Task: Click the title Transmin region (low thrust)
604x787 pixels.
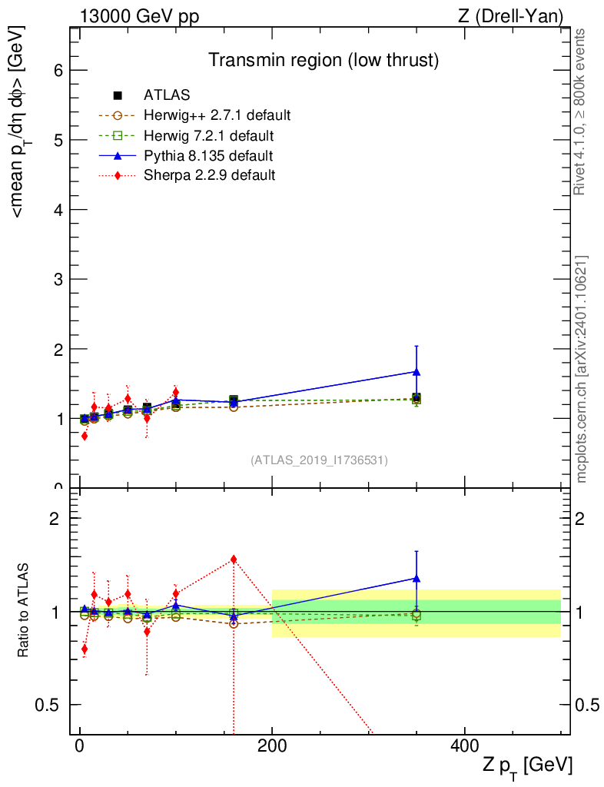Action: [324, 60]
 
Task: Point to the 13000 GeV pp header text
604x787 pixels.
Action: [139, 17]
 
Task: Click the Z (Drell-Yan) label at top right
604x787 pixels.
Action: [510, 17]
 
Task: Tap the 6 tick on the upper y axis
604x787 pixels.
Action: [58, 70]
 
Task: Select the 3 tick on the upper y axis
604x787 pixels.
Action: [58, 279]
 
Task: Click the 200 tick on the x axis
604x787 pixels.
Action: [272, 745]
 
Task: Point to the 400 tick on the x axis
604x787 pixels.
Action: [465, 745]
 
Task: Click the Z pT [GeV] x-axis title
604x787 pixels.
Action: [526, 766]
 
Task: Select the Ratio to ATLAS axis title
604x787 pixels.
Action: [23, 610]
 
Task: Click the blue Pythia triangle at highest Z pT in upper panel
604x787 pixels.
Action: [416, 372]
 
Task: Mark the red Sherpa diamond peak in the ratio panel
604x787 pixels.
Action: [234, 560]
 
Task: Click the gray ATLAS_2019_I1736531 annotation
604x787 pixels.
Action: [319, 460]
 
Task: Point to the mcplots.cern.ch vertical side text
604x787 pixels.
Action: [582, 370]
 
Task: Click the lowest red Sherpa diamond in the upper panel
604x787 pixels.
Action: [85, 437]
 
